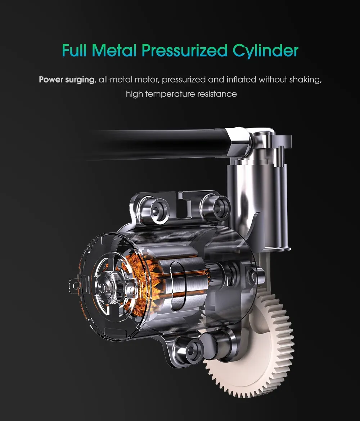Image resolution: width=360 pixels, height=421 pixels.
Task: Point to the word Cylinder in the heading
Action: coord(266,51)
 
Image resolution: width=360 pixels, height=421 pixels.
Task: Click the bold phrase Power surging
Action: coord(67,80)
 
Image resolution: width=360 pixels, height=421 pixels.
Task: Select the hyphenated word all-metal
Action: coord(116,80)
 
